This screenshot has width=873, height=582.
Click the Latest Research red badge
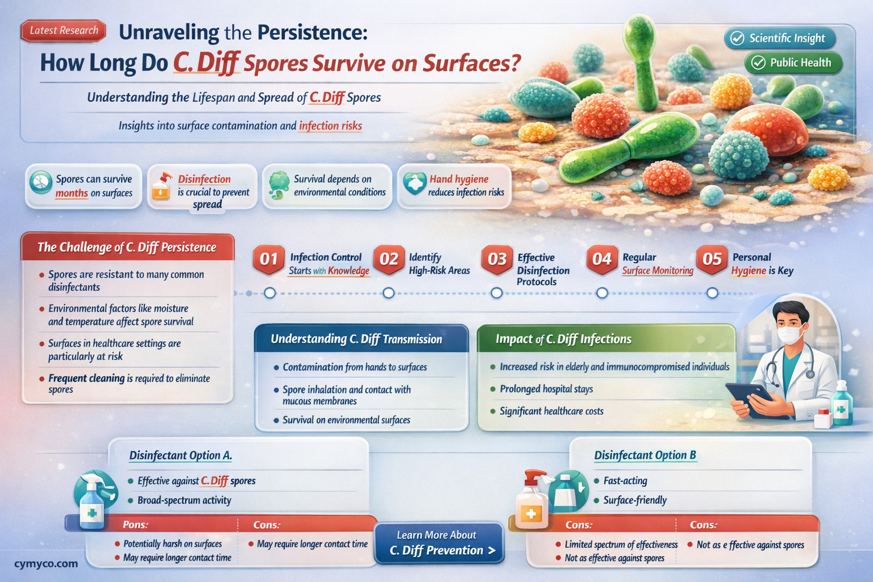point(64,31)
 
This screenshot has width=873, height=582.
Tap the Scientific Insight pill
point(780,38)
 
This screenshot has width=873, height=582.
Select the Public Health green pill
point(793,63)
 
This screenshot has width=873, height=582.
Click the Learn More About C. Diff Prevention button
point(439,543)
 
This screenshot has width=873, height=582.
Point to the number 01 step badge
point(268,259)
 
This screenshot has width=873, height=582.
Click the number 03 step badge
point(497,259)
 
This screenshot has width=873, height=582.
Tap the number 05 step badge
point(712,259)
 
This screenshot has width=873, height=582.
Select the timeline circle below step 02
point(388,293)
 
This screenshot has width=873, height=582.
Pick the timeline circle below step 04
point(602,293)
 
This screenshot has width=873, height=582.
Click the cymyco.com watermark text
point(46,564)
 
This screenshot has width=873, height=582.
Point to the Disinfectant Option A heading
point(180,455)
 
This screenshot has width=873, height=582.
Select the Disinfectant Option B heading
point(645,455)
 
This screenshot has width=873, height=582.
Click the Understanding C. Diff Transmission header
point(356,339)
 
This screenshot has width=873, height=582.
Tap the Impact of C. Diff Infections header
point(563,339)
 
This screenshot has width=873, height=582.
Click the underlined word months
point(72,193)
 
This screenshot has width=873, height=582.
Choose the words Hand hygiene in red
point(459,179)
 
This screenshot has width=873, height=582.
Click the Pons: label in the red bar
point(136,525)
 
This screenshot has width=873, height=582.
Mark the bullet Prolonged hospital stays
point(546,389)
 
